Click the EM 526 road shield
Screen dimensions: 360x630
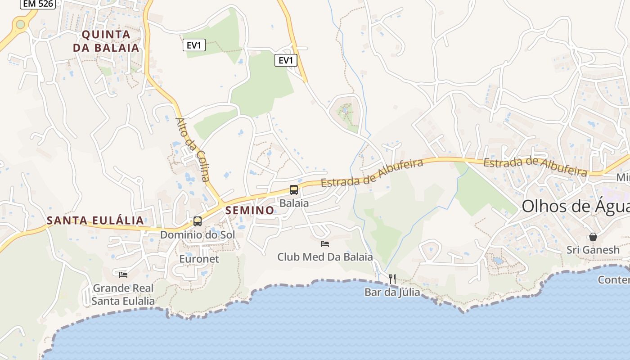(x=38, y=4)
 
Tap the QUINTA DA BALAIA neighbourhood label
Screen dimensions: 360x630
(x=106, y=41)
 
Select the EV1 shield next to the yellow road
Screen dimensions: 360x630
(x=286, y=60)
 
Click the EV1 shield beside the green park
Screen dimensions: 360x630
(x=194, y=45)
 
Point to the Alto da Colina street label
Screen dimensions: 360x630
(x=193, y=150)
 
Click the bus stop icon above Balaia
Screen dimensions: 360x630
(x=294, y=190)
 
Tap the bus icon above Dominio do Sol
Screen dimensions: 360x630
(x=197, y=221)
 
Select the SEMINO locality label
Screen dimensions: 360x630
(x=250, y=210)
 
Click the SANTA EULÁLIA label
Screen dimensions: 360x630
(x=95, y=220)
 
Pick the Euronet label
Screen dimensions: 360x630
(x=199, y=259)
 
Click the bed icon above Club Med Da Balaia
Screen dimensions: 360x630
(x=325, y=244)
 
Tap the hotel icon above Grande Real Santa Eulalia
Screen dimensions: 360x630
(x=123, y=274)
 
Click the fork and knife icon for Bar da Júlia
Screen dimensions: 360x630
(x=392, y=279)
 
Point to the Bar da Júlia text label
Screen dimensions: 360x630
(x=392, y=292)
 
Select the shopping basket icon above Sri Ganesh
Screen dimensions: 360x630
(x=593, y=237)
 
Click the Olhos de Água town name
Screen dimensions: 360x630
(x=575, y=207)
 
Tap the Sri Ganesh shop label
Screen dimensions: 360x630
(x=593, y=250)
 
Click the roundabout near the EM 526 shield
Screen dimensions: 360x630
(x=20, y=24)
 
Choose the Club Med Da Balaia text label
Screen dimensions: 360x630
(x=325, y=257)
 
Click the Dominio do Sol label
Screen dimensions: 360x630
(x=198, y=234)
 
